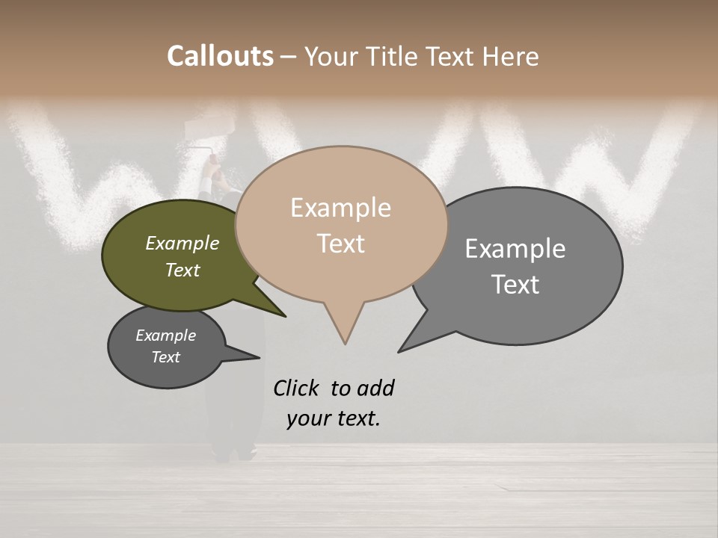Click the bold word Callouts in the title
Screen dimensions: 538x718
pos(220,57)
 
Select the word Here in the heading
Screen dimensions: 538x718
pos(511,57)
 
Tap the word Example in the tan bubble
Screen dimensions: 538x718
pos(340,208)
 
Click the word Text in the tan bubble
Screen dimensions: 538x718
pos(340,244)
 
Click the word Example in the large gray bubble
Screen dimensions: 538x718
pos(515,249)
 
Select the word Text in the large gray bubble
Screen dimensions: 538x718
pos(515,285)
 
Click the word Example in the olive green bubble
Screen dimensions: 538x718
pos(182,244)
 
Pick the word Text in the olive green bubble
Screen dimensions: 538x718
pos(182,270)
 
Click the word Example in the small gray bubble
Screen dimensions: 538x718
pos(165,336)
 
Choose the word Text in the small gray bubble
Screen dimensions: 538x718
pos(165,357)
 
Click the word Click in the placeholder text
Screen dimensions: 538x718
pos(296,388)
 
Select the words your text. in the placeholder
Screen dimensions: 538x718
pos(333,418)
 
